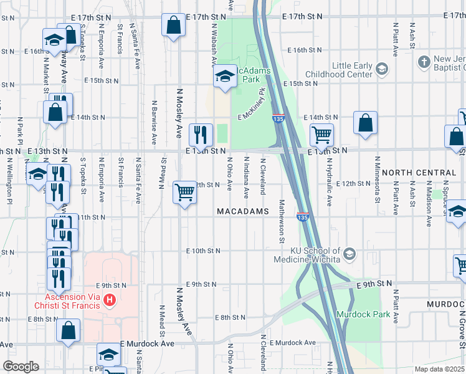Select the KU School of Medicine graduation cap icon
pyautogui.click(x=349, y=253)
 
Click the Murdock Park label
pyautogui.click(x=363, y=314)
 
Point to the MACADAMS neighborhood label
pyautogui.click(x=243, y=212)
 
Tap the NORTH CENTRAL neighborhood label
pyautogui.click(x=419, y=173)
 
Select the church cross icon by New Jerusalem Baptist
pyautogui.click(x=424, y=61)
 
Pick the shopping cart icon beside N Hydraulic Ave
pyautogui.click(x=321, y=134)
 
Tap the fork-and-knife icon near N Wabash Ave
pyautogui.click(x=201, y=133)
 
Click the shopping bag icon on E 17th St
pyautogui.click(x=174, y=26)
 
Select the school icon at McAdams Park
pyautogui.click(x=224, y=77)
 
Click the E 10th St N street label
pyautogui.click(x=203, y=251)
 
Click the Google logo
pyautogui.click(x=21, y=367)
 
